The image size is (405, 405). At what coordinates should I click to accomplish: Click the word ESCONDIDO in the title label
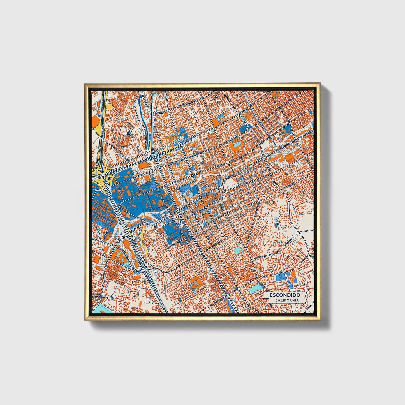tap(285, 295)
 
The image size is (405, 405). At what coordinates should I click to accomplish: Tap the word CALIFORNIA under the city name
tap(287, 300)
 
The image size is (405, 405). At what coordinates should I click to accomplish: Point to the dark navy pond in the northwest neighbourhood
tap(128, 134)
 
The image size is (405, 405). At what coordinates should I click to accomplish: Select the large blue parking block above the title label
tap(281, 277)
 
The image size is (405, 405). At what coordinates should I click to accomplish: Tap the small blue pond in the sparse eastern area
tap(277, 223)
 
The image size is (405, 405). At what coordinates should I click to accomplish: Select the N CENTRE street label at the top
tap(151, 97)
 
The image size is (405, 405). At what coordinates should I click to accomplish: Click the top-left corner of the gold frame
tap(85, 84)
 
